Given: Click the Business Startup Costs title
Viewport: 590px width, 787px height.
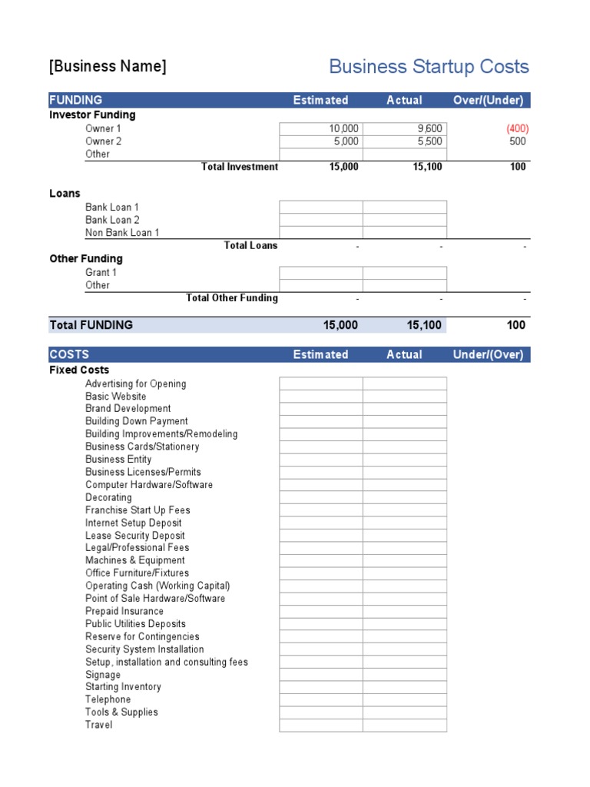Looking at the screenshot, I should pyautogui.click(x=429, y=67).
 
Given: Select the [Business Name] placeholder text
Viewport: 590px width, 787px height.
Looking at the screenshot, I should pyautogui.click(x=108, y=66).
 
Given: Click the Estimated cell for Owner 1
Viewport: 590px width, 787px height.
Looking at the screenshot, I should pyautogui.click(x=321, y=129).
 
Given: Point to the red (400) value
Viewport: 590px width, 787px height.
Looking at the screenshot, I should pyautogui.click(x=516, y=129).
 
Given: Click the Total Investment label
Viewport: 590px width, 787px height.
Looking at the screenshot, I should pyautogui.click(x=239, y=167).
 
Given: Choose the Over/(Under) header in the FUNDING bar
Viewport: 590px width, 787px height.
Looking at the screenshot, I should pyautogui.click(x=488, y=100).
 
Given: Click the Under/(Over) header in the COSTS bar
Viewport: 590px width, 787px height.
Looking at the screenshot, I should pyautogui.click(x=488, y=354).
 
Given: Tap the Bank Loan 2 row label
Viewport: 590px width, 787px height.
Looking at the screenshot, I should pyautogui.click(x=112, y=220).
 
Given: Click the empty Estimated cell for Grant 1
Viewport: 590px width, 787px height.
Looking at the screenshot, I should pyautogui.click(x=321, y=273).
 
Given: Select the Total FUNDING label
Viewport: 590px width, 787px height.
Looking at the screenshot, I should pyautogui.click(x=91, y=325).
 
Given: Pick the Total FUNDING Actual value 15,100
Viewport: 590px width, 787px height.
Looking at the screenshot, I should pyautogui.click(x=424, y=325).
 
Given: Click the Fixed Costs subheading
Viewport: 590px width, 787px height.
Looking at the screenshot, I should pyautogui.click(x=79, y=370).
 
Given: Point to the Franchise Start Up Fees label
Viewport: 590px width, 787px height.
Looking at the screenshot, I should pyautogui.click(x=138, y=510).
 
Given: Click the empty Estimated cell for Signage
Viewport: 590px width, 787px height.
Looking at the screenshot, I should pyautogui.click(x=321, y=675).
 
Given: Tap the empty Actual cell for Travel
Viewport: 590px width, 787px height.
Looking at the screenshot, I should pyautogui.click(x=405, y=726).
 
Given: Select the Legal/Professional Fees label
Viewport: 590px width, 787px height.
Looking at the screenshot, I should pyautogui.click(x=137, y=548).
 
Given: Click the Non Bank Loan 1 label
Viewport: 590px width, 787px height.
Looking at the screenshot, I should pyautogui.click(x=122, y=233).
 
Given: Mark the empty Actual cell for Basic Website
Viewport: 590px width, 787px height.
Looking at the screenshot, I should pyautogui.click(x=405, y=397).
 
